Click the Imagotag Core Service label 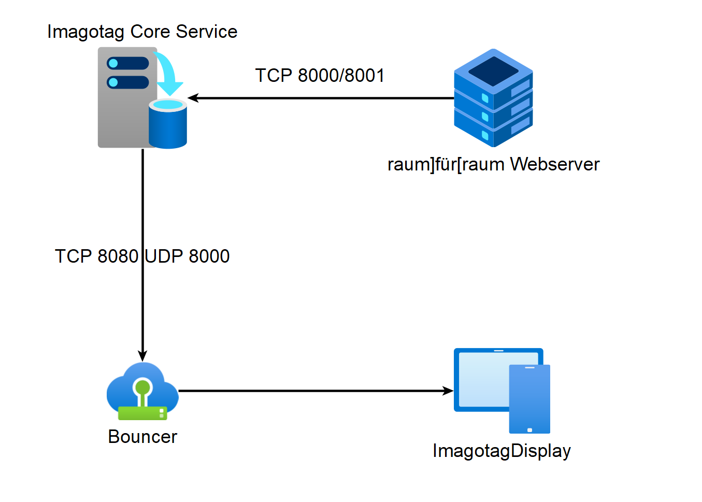[x=142, y=32]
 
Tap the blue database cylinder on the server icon [x=168, y=123]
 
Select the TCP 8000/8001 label [x=320, y=76]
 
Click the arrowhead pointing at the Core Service [x=192, y=98]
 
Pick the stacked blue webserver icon [x=493, y=98]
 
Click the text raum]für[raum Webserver [x=494, y=164]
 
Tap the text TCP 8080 [x=96, y=256]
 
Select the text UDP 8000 [x=188, y=256]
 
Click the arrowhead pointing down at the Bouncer [x=142, y=356]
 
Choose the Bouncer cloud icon [x=142, y=391]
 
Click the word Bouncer [x=142, y=437]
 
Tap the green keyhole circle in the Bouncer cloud [x=143, y=388]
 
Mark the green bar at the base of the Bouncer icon [x=142, y=413]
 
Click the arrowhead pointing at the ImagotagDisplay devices [x=448, y=391]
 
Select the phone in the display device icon [x=529, y=399]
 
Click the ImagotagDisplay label [x=502, y=451]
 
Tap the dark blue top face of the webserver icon [x=494, y=71]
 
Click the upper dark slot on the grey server [x=128, y=63]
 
